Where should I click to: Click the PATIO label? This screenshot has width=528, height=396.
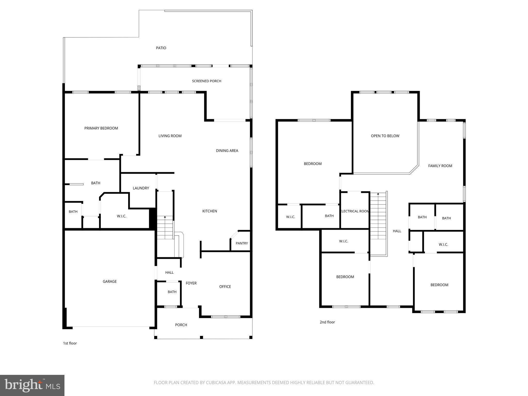coord(161,48)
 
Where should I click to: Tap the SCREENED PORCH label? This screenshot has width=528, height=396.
coord(207,81)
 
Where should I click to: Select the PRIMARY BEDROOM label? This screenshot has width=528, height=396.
coord(101,128)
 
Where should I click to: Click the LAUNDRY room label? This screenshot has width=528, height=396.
coord(141,188)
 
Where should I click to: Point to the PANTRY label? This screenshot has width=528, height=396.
coord(242,243)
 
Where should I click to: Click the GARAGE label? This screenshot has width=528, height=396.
coord(110,282)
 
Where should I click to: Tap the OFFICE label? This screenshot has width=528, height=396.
coord(225,287)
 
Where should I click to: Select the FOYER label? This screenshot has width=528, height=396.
coord(191,283)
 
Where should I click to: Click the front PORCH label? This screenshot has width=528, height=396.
coord(181,325)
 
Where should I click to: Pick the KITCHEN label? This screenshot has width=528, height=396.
coord(209,211)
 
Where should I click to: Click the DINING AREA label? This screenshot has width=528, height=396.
coord(227,151)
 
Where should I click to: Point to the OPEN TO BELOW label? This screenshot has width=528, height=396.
coord(385,136)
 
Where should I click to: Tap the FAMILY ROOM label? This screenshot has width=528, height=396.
coord(440,166)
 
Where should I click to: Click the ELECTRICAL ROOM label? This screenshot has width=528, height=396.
coord(355,211)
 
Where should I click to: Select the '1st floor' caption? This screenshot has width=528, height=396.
coord(70,343)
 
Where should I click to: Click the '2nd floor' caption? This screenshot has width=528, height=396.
coord(327,322)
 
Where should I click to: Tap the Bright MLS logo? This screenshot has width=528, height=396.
coord(32,385)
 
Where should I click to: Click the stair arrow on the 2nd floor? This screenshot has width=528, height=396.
coord(378,194)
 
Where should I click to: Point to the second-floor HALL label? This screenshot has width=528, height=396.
coord(397,231)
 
